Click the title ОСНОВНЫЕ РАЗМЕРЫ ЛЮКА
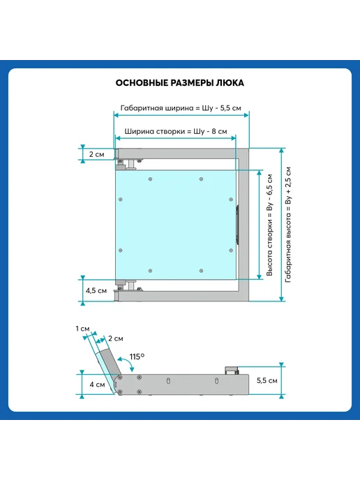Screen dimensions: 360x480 click(180, 83)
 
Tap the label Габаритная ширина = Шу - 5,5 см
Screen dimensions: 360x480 click(181, 108)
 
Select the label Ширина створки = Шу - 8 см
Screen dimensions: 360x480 click(176, 131)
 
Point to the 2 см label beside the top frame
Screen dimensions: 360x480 click(97, 154)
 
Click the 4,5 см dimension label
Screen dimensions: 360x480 click(96, 290)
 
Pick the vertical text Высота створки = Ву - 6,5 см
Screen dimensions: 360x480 click(269, 225)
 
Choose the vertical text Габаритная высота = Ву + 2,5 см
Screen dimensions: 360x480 click(288, 225)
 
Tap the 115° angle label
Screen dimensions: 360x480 click(137, 357)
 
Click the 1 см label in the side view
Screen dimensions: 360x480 click(82, 329)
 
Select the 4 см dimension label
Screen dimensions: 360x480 click(98, 384)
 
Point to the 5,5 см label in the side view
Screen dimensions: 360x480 click(267, 380)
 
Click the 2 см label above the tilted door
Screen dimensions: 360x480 click(116, 338)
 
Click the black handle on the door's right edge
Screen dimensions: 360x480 click(237, 225)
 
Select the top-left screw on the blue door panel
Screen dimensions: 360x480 click(150, 179)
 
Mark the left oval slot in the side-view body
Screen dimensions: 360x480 click(168, 381)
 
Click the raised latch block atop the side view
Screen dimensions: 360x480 click(232, 370)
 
